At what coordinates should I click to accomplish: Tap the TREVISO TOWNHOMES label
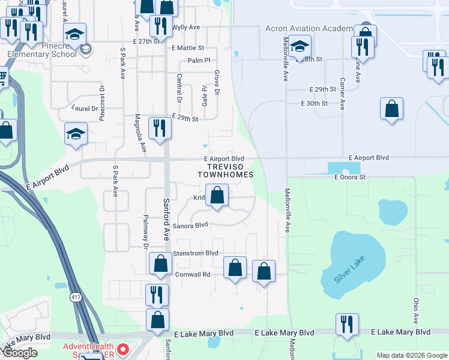click(x=226, y=170)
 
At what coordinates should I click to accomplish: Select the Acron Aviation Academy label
click(x=309, y=29)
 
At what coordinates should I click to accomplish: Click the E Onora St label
click(x=350, y=177)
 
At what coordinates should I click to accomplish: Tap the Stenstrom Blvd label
click(x=196, y=253)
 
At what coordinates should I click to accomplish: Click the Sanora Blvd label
click(x=190, y=226)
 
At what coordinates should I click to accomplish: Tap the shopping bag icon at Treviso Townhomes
click(x=217, y=196)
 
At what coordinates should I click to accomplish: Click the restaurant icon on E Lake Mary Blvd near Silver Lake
click(x=347, y=324)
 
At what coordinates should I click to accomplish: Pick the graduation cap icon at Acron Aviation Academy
click(x=299, y=45)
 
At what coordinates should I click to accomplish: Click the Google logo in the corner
click(x=20, y=353)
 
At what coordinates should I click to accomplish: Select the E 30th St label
click(x=315, y=103)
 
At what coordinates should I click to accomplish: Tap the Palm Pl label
click(x=199, y=61)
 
